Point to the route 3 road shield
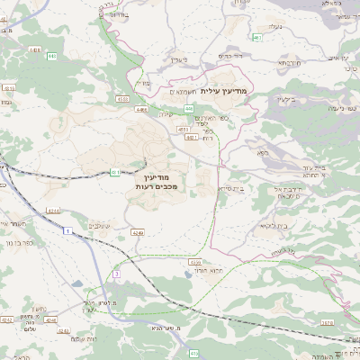tap(116, 273)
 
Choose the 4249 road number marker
tap(137, 232)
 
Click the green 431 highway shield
tap(115, 171)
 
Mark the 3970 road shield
tap(326, 321)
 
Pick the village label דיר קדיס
tap(238, 55)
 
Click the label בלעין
tap(183, 59)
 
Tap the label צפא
tap(262, 153)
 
